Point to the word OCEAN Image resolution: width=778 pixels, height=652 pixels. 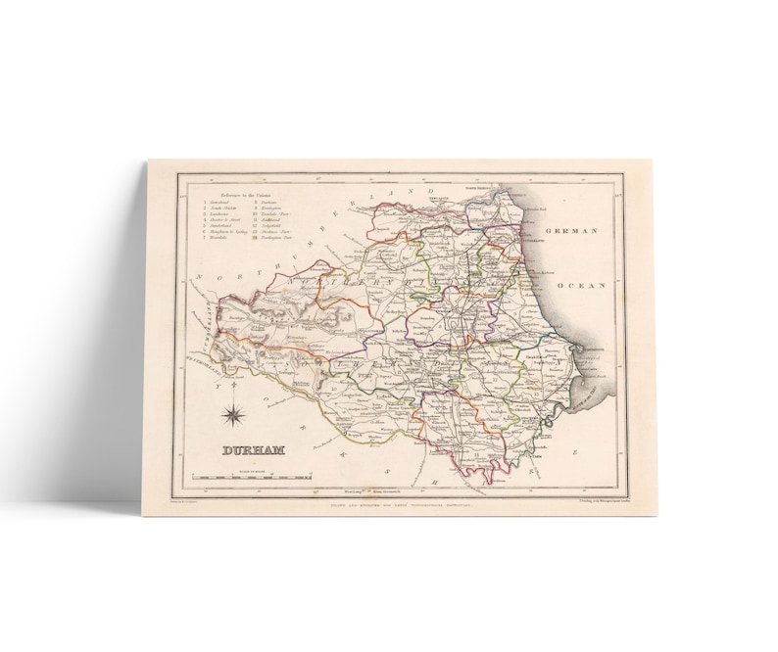tap(584, 284)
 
